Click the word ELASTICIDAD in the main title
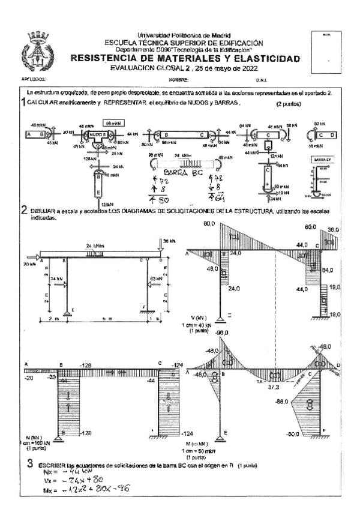(x=263, y=59)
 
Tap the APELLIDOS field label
(x=34, y=79)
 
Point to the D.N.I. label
(x=262, y=79)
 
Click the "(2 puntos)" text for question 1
(x=289, y=104)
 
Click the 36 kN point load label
(x=168, y=241)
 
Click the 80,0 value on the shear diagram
(x=193, y=224)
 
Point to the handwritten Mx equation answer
(x=84, y=490)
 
